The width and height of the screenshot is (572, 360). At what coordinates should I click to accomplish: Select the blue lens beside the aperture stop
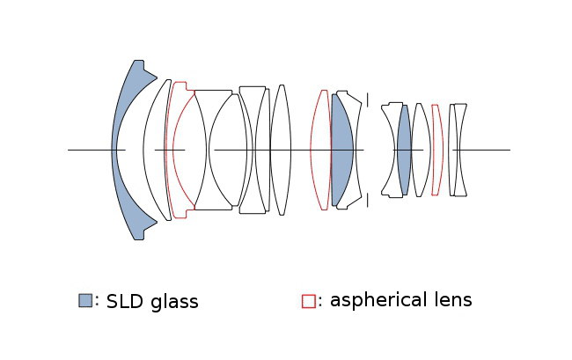click(342, 150)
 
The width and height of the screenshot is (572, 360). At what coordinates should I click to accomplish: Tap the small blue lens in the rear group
click(404, 150)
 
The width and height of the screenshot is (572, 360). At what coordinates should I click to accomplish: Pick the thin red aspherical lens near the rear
click(436, 150)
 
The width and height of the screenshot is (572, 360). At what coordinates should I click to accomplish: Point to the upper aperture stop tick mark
click(368, 99)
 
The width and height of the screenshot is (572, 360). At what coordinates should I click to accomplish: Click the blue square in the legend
click(85, 300)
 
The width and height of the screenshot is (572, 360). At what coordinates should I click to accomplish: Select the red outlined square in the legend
click(308, 300)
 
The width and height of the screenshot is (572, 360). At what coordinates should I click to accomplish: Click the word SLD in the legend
click(124, 302)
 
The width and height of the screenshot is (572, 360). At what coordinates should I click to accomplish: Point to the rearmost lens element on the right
click(459, 150)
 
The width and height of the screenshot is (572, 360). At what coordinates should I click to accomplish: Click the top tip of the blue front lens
click(137, 63)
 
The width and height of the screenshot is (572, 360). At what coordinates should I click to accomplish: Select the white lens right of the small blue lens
click(422, 150)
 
